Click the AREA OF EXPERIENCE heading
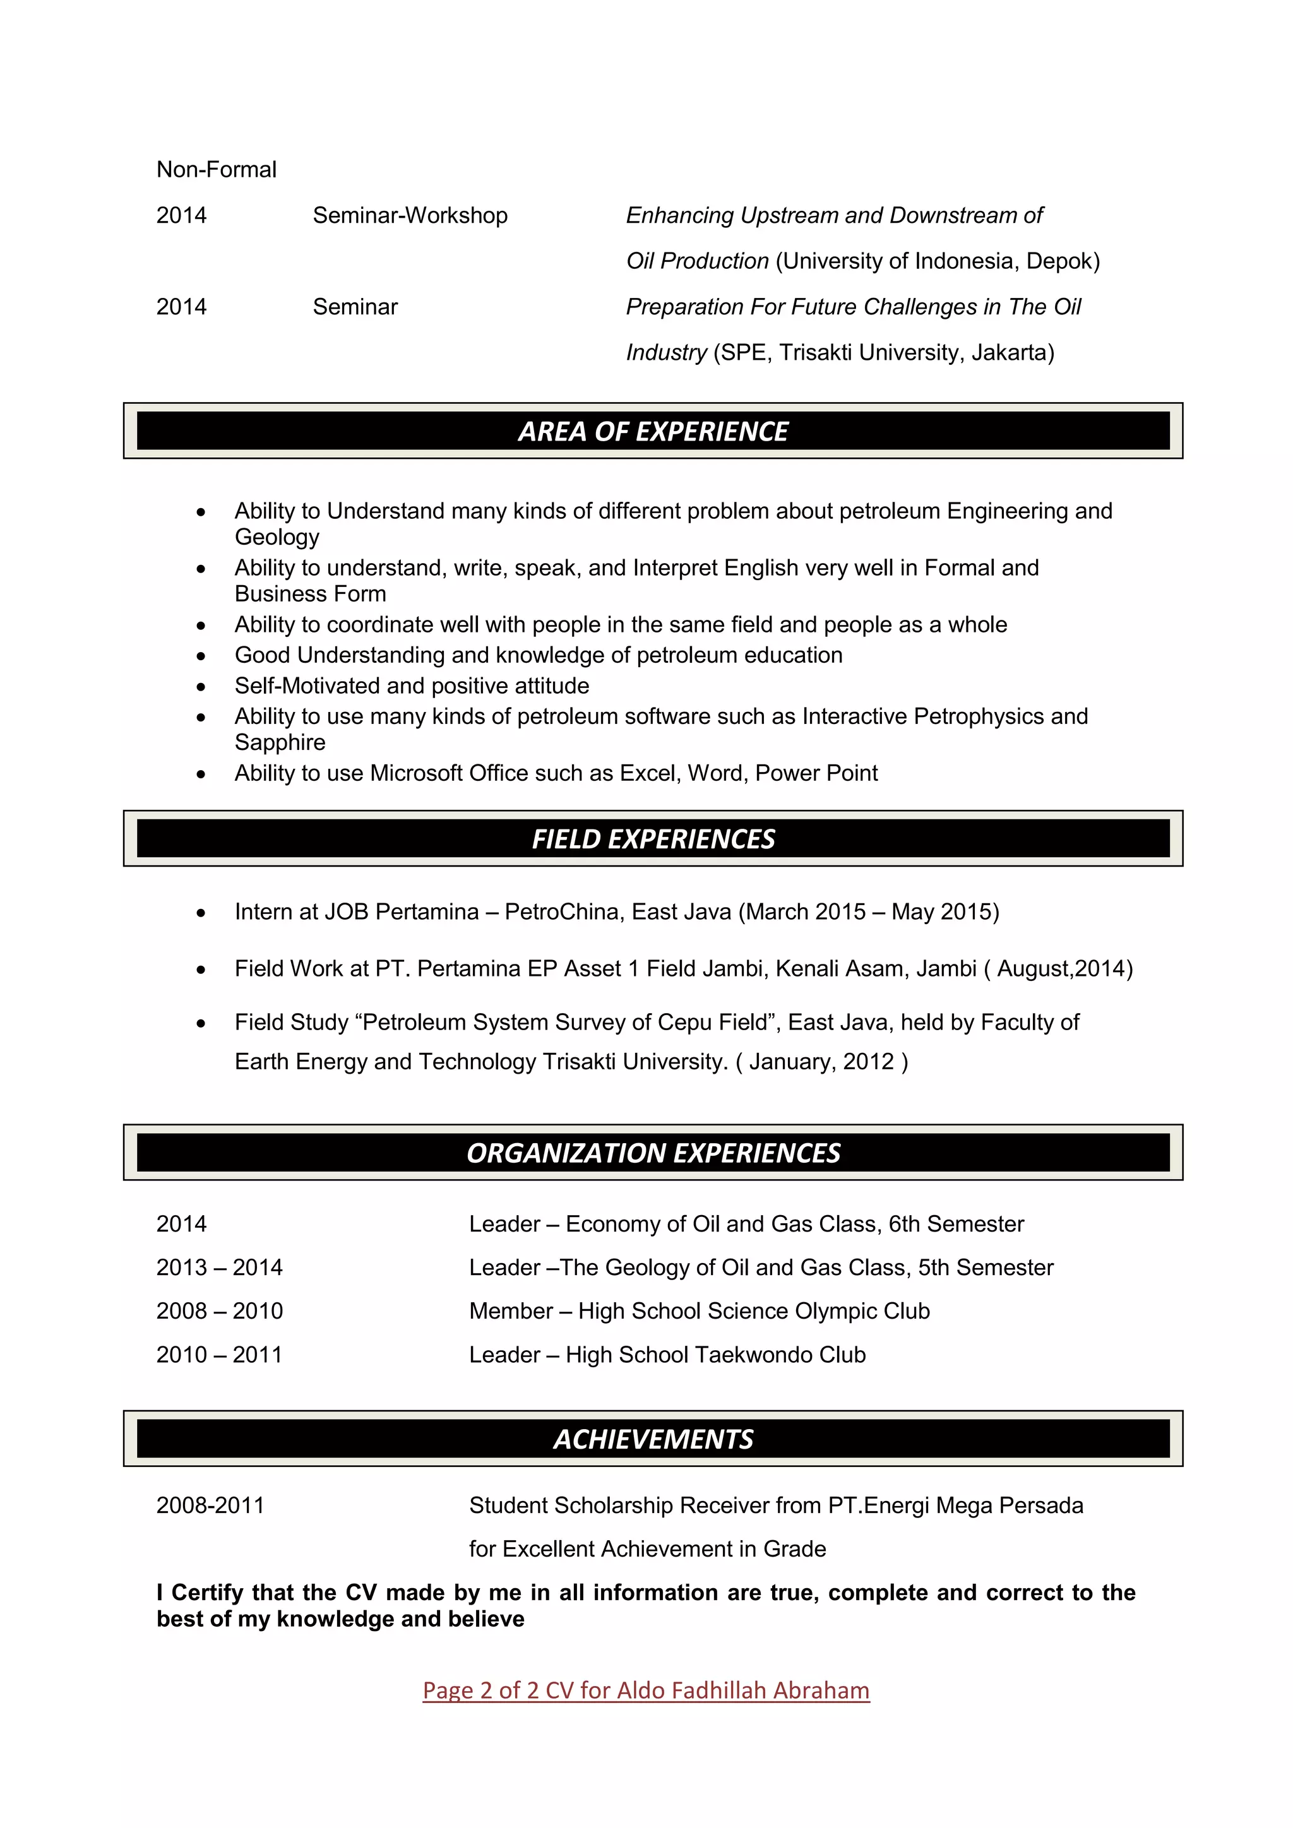click(x=653, y=432)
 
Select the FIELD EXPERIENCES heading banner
click(x=653, y=839)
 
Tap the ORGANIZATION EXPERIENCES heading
click(x=653, y=1153)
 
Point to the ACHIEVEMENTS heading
click(x=653, y=1439)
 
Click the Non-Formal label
click(x=217, y=170)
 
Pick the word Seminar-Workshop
click(x=410, y=216)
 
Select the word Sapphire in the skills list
click(x=280, y=743)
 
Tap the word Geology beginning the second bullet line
click(x=277, y=537)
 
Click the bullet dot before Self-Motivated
click(x=201, y=686)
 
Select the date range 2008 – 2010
click(x=220, y=1311)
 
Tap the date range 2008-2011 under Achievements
click(x=210, y=1505)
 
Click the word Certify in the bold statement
click(x=208, y=1593)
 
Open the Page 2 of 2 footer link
click(x=646, y=1690)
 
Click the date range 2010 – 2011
click(x=220, y=1355)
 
